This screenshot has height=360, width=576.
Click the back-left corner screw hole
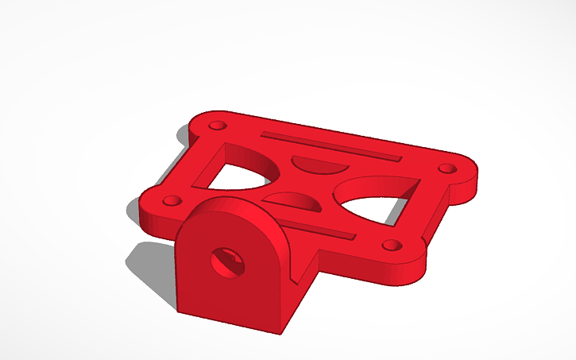215,126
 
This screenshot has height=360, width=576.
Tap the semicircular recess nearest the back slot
318,165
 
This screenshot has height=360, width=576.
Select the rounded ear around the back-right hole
461,171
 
